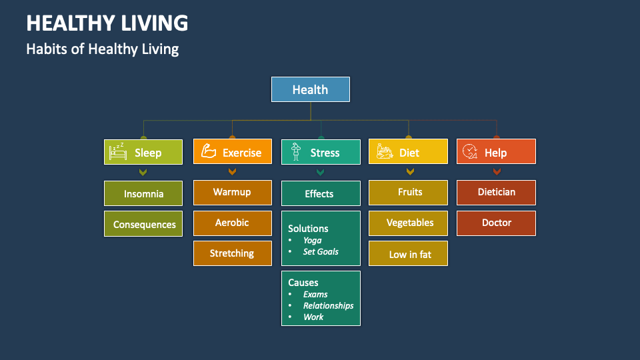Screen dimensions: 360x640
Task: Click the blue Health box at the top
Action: pos(310,89)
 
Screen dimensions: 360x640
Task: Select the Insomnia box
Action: pos(143,193)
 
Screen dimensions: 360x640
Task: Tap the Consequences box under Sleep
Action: pos(143,224)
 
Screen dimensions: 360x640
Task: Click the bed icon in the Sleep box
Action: pos(119,152)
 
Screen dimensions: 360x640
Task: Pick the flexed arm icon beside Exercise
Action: pos(209,152)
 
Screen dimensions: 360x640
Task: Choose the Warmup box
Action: pos(232,192)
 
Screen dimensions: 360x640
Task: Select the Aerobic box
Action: pos(232,223)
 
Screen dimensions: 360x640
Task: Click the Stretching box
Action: pos(232,253)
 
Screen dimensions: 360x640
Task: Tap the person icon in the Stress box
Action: pos(295,152)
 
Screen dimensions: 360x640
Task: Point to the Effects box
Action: pos(320,193)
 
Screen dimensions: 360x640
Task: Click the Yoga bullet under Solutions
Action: pos(312,240)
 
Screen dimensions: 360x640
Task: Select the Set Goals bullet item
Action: pos(321,251)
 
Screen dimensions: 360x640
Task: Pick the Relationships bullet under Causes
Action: pos(328,305)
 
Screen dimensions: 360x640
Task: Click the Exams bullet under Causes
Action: pos(315,294)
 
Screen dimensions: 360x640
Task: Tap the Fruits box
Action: pos(409,192)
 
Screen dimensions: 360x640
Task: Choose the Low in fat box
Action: pos(409,254)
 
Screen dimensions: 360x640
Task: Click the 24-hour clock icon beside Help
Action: pos(471,152)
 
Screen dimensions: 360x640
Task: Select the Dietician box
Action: pos(496,192)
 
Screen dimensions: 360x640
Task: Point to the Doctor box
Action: pos(496,223)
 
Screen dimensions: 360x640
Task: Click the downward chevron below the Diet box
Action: pos(409,172)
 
